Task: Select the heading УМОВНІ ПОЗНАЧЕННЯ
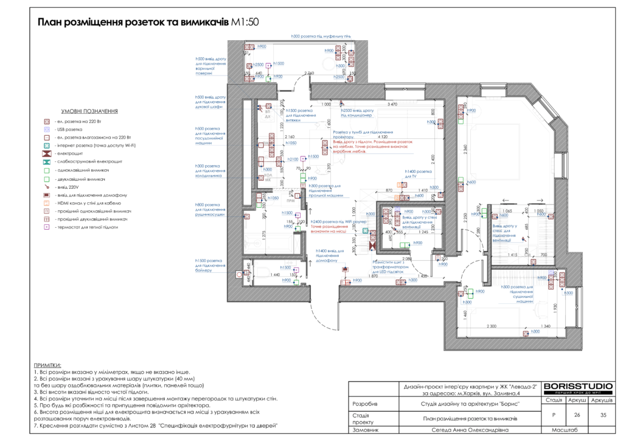89,111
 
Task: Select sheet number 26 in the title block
577,415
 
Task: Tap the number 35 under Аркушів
603,415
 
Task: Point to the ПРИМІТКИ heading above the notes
48,364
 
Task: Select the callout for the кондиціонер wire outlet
361,113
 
